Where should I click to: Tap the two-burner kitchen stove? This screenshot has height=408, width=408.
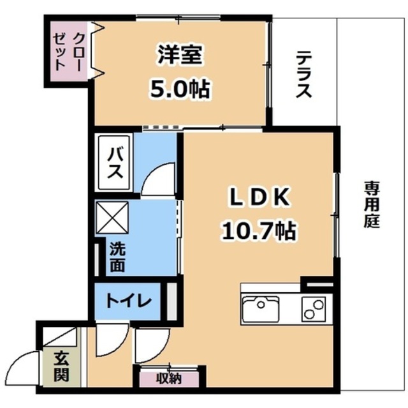point(314,309)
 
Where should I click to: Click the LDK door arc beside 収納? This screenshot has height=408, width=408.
point(149,348)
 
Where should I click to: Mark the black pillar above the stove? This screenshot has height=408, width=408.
point(317,281)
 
